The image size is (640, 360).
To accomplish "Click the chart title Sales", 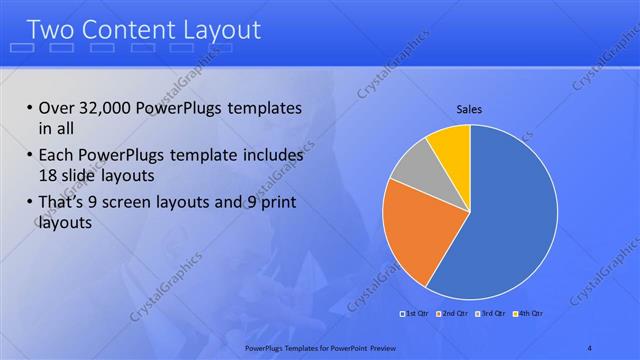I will tap(470, 108).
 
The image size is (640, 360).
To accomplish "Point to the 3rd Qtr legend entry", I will tap(492, 313).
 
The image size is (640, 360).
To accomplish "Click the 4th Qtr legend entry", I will tap(529, 313).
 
